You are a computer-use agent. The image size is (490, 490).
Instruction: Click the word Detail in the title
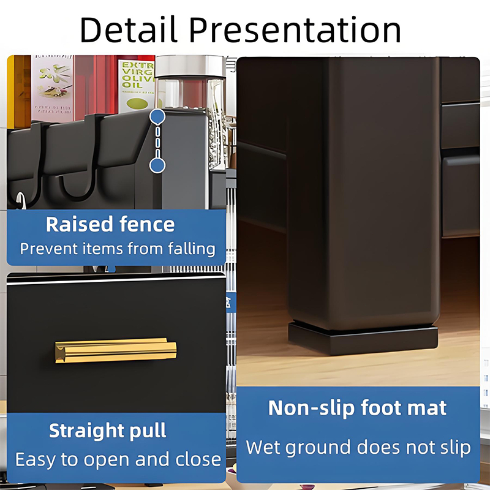[129, 29]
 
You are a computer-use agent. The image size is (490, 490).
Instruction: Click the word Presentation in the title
[295, 29]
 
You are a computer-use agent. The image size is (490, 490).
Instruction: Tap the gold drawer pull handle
[116, 350]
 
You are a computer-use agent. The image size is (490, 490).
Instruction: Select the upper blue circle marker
[157, 116]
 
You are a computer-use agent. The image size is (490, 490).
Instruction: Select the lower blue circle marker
[157, 165]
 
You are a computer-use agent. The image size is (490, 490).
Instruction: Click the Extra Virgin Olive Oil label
[137, 86]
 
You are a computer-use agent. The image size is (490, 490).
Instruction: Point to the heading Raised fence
[110, 224]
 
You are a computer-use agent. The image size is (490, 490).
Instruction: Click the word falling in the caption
[192, 249]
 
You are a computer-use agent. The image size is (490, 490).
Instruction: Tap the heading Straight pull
[108, 431]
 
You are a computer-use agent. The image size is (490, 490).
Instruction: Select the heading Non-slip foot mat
[358, 408]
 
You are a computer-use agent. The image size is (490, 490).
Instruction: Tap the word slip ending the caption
[456, 447]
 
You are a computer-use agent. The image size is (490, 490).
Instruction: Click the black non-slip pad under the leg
[363, 339]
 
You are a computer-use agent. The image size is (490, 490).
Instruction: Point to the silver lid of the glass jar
[190, 66]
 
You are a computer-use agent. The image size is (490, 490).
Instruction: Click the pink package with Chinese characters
[52, 88]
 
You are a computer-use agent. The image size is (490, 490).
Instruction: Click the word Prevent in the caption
[49, 249]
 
